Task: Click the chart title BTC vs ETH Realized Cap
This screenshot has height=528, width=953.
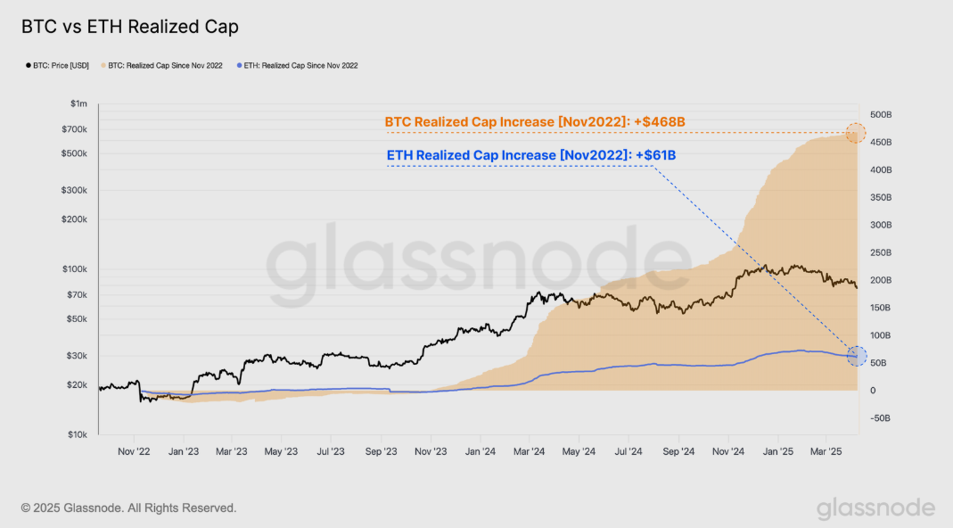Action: pyautogui.click(x=130, y=27)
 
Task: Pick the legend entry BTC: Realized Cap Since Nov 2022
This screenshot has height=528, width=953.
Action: pyautogui.click(x=165, y=66)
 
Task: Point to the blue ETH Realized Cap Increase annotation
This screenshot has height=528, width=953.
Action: pyautogui.click(x=531, y=155)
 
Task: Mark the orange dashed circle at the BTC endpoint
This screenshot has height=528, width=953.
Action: pyautogui.click(x=855, y=133)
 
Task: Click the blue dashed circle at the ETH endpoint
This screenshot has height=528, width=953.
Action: pyautogui.click(x=857, y=356)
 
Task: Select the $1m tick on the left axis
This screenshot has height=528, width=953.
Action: pyautogui.click(x=78, y=104)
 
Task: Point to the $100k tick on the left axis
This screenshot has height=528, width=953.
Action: pyautogui.click(x=75, y=269)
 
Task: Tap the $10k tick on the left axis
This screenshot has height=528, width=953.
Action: pyautogui.click(x=77, y=435)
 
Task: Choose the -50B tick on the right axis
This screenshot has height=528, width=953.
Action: pyautogui.click(x=881, y=418)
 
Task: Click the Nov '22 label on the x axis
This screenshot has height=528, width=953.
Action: pyautogui.click(x=134, y=452)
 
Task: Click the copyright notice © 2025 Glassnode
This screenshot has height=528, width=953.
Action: pyautogui.click(x=129, y=507)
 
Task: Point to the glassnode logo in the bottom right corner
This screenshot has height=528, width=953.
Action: pyautogui.click(x=875, y=508)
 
